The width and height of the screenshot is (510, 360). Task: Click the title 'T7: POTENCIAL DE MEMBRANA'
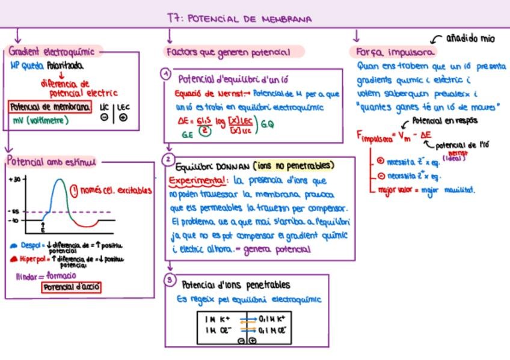point(239,19)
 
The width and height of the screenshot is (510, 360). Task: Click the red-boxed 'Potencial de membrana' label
point(51,107)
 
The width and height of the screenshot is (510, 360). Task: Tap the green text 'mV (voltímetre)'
point(40,120)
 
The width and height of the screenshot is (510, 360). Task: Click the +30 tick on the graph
point(16,179)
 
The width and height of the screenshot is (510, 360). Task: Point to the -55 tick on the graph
point(14,212)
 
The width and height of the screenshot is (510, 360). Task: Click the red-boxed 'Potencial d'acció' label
point(72,287)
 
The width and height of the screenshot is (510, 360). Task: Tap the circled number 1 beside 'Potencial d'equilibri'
point(165,74)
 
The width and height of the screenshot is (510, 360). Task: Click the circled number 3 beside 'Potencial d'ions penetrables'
point(170,281)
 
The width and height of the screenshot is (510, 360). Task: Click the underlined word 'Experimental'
point(198,180)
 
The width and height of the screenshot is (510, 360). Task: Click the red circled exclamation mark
point(75,191)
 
